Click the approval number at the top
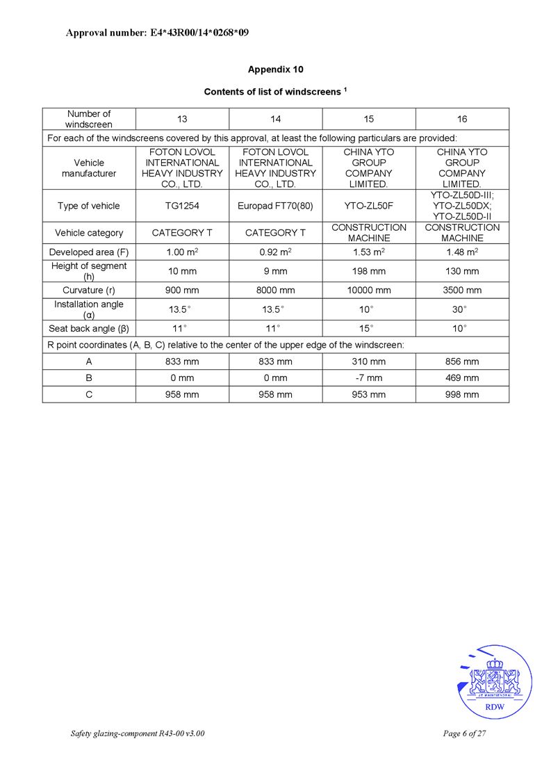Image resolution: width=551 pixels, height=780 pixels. point(157,33)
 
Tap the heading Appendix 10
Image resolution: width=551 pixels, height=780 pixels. point(275,70)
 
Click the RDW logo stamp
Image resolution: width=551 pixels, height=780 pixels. point(495,682)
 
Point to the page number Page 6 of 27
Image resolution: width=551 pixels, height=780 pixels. point(463,734)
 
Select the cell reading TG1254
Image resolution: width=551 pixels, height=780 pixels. point(182,206)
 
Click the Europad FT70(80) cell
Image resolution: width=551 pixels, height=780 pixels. point(275,206)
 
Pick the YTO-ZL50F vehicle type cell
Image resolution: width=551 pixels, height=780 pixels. point(368,206)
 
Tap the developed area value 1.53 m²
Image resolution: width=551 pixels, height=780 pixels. point(368,252)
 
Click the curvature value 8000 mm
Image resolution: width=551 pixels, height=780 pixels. point(275,290)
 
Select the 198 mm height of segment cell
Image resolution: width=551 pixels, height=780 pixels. point(368,271)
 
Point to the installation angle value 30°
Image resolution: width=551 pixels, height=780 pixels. point(462,309)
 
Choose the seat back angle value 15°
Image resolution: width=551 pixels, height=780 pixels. point(368,328)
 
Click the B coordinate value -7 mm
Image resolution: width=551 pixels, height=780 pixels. point(368,378)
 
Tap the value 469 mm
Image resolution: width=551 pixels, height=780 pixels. point(462,378)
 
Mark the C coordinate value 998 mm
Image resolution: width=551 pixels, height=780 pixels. point(462,395)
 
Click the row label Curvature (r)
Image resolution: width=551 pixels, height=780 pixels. point(89,290)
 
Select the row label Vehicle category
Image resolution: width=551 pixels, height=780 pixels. point(89,233)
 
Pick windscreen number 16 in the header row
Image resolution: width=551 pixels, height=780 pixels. point(462,119)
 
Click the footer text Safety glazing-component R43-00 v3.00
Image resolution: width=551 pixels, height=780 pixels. point(138,734)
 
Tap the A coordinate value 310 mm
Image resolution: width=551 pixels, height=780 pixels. point(368,361)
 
